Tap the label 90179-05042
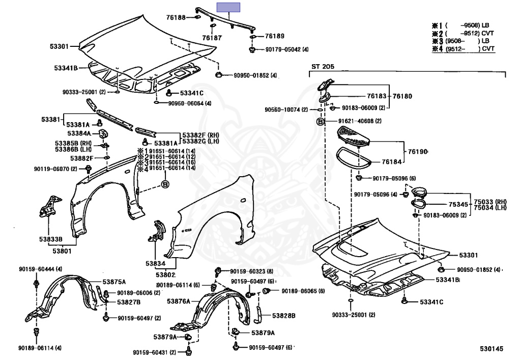tap(283, 50)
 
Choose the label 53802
tap(158, 275)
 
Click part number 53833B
tap(52, 239)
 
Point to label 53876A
tap(179, 301)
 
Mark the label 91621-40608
tap(356, 121)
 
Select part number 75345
tap(458, 204)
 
